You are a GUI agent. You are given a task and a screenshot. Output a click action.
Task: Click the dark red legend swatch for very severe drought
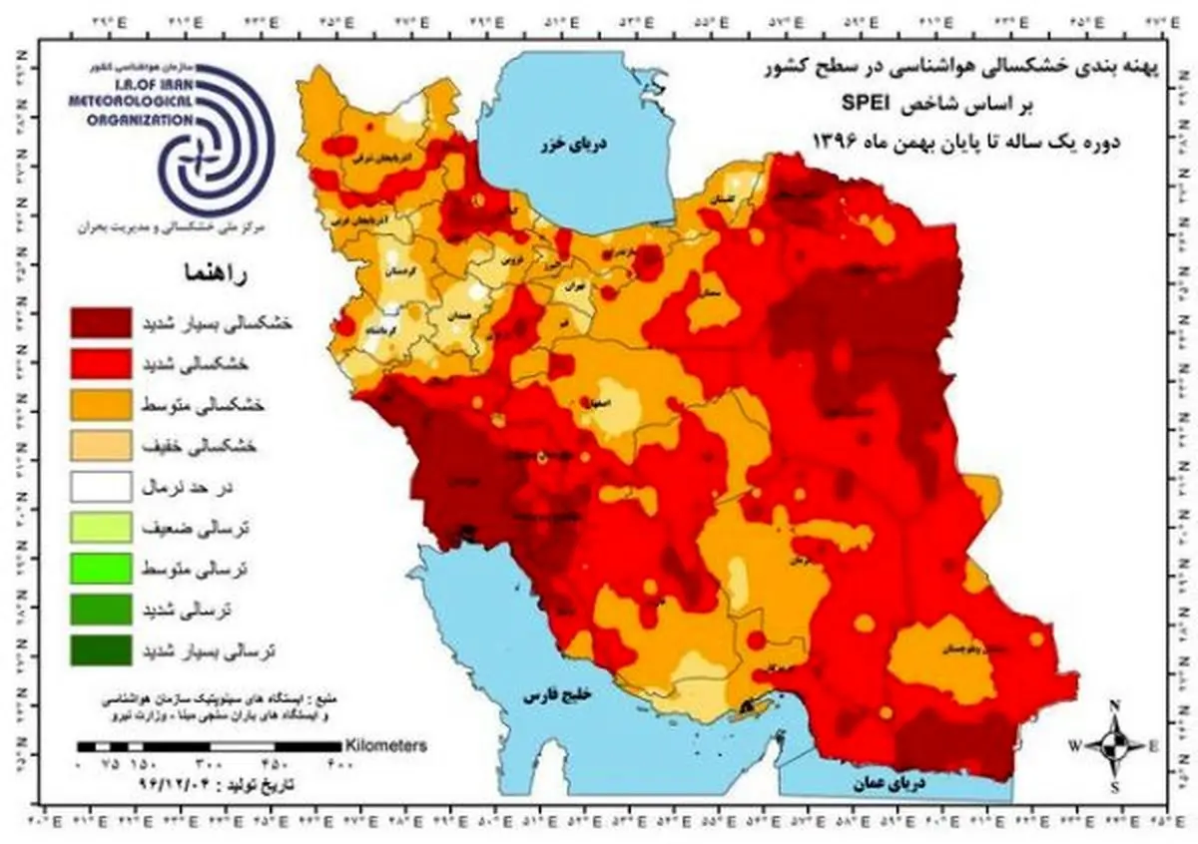(100, 323)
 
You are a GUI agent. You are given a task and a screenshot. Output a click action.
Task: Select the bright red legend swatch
(100, 363)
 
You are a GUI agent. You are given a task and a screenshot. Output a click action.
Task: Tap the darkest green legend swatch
(100, 649)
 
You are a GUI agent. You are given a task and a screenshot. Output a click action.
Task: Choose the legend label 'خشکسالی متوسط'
(201, 406)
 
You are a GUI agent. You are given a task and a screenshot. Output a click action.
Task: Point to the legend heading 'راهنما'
(211, 272)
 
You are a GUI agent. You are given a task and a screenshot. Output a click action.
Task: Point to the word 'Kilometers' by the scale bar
(386, 744)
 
